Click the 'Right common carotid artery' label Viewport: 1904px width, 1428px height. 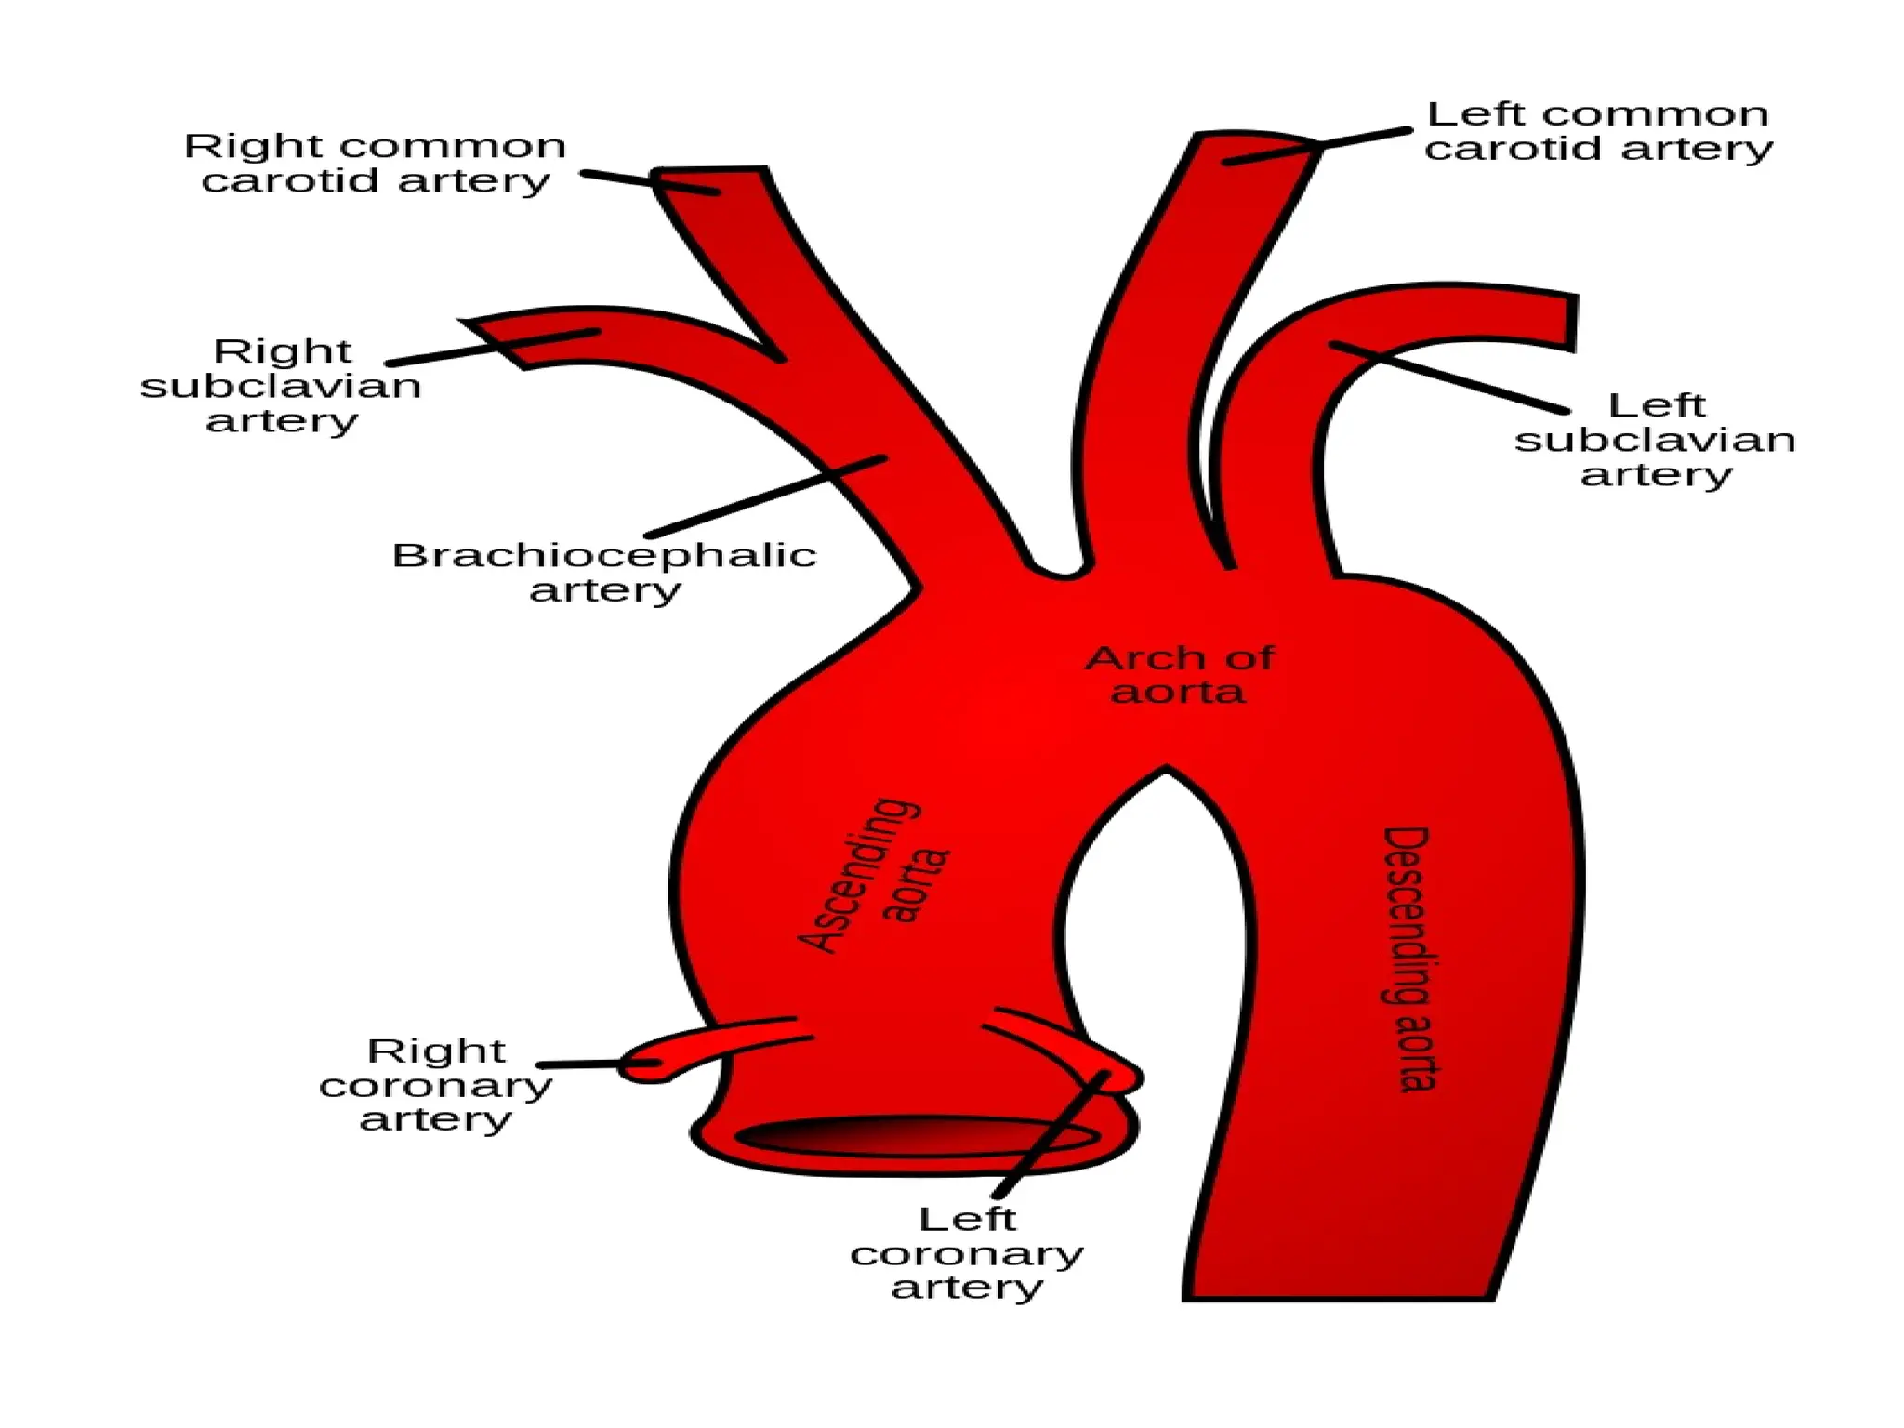(375, 163)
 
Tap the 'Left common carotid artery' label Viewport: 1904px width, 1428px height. (1598, 131)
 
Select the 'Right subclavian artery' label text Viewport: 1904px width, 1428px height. (281, 385)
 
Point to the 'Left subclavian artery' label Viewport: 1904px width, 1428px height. (1655, 439)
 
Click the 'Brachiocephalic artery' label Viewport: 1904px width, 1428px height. (604, 572)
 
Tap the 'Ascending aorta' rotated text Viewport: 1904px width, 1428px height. (874, 874)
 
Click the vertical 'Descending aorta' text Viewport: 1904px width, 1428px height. (1408, 958)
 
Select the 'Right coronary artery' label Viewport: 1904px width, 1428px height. (435, 1084)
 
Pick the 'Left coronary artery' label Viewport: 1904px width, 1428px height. (967, 1252)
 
